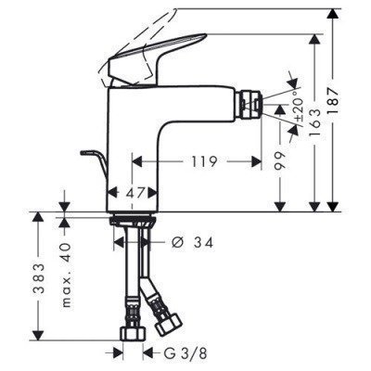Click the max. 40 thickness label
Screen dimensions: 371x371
tap(65, 263)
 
